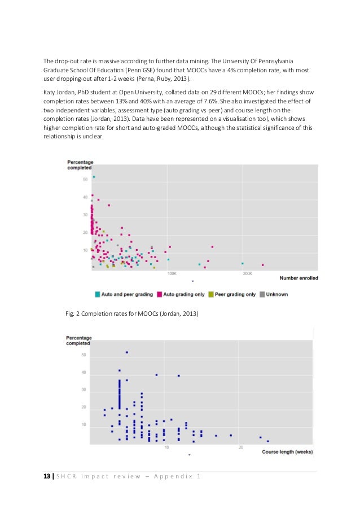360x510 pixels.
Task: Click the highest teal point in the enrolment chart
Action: (94, 177)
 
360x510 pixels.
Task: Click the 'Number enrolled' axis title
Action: (298, 278)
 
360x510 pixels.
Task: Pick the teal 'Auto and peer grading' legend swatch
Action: (98, 294)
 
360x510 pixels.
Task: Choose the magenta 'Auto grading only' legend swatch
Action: (160, 294)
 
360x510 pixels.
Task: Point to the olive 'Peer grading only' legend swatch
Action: (211, 294)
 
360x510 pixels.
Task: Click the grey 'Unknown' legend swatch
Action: (262, 294)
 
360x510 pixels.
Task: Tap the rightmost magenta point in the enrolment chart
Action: (263, 265)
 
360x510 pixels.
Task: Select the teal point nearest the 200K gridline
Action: (243, 263)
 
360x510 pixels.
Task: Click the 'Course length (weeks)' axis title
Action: (288, 451)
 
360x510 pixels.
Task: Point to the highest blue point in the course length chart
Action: (127, 352)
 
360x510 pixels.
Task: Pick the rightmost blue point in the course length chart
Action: (268, 441)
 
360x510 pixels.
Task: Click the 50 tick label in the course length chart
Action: (84, 355)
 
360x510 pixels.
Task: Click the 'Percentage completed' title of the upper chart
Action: (80, 164)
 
